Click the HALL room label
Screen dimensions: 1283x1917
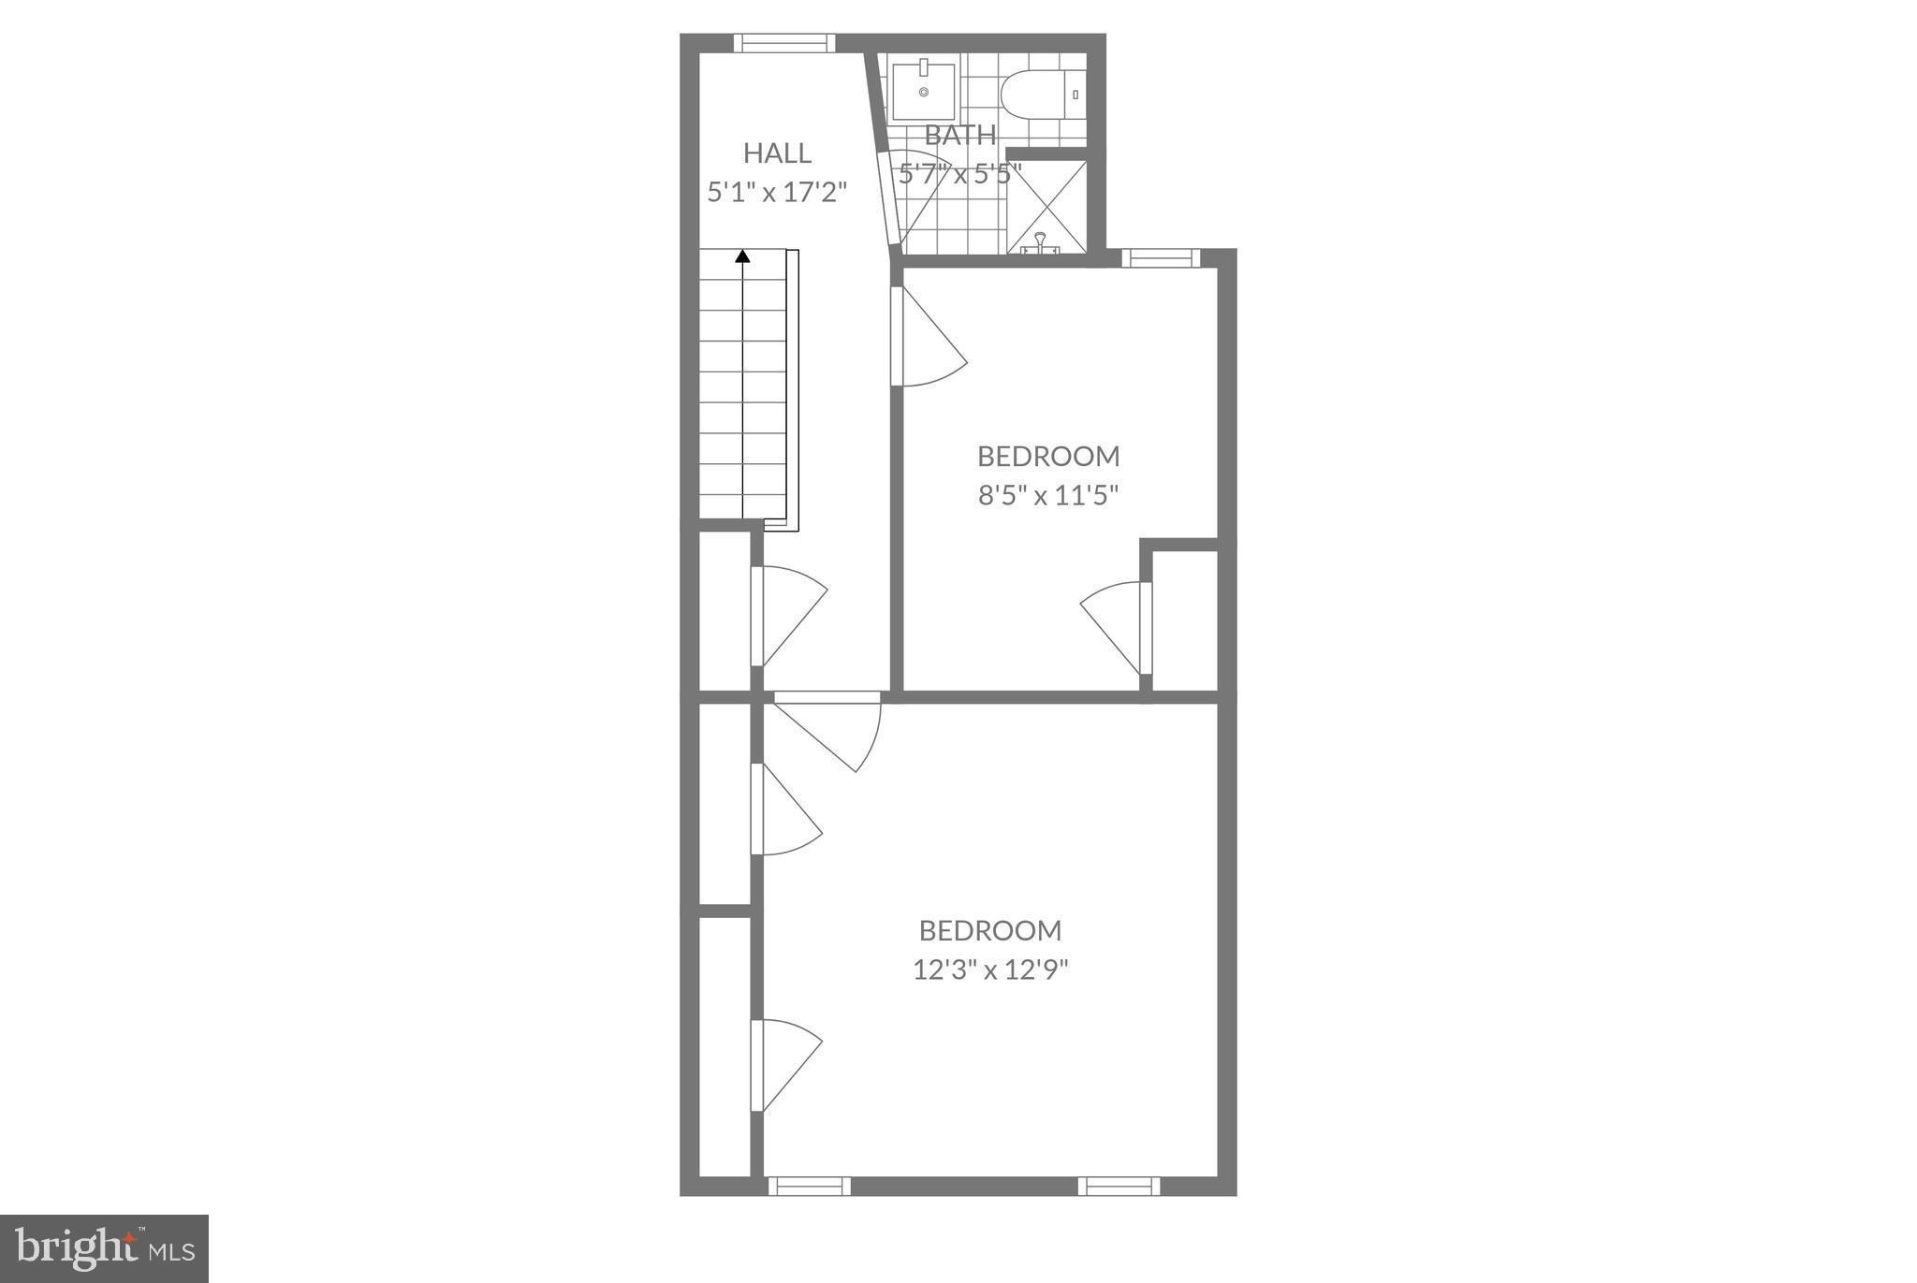[x=777, y=153]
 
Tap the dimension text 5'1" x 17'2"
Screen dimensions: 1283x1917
[x=777, y=193]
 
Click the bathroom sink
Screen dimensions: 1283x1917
[x=923, y=91]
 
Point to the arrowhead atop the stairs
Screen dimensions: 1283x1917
[x=743, y=255]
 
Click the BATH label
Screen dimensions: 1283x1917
[x=960, y=136]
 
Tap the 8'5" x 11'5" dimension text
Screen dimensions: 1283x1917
[x=1048, y=495]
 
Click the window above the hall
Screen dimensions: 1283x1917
[x=784, y=43]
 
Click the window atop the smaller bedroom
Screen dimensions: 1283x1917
[x=1161, y=258]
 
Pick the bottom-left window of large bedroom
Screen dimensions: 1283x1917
[x=810, y=1187]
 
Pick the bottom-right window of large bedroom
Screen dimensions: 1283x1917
[x=1119, y=1187]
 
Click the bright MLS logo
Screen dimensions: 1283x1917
[x=104, y=1248]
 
